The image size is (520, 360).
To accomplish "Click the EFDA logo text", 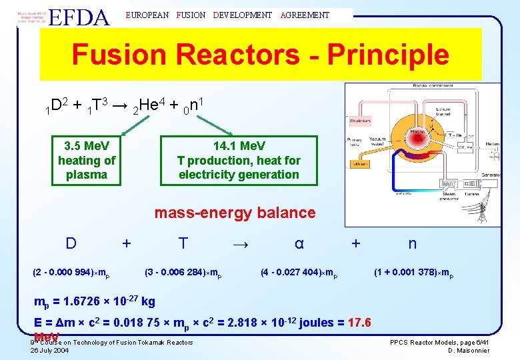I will click(79, 16).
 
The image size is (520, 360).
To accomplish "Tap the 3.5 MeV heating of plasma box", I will click(87, 160).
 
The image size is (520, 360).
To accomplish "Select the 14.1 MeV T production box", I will click(239, 160).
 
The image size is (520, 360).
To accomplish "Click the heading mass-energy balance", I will click(235, 213).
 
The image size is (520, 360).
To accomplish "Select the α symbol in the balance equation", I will click(299, 244).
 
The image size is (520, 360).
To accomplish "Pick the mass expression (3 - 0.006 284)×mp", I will click(183, 273).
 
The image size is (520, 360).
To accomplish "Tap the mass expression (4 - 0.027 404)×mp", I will click(299, 273).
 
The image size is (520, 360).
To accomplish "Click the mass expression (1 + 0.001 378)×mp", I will click(413, 273).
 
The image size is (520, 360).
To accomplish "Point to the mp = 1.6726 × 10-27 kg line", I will click(95, 301).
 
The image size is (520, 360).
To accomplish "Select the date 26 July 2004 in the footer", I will click(49, 350).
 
